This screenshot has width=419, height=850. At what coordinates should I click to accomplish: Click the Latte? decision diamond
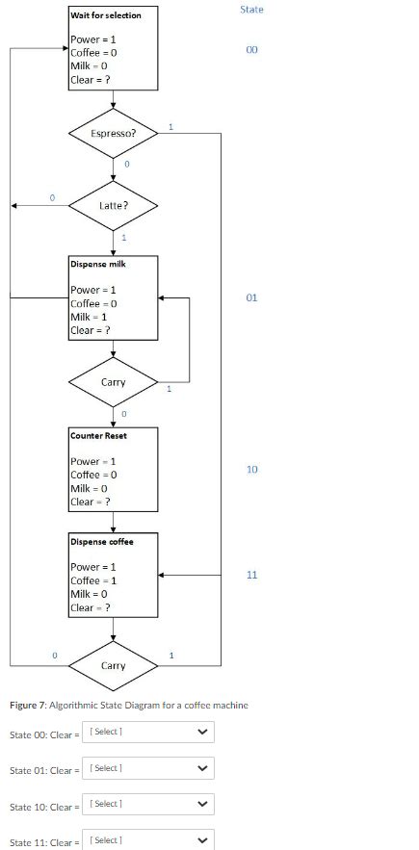coord(113,205)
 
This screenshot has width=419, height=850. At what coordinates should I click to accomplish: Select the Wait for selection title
coord(106,15)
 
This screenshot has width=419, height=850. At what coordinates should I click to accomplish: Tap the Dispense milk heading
coord(97,264)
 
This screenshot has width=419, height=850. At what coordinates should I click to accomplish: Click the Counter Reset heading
coord(98,435)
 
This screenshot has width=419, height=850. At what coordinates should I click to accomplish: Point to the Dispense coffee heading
coord(101,541)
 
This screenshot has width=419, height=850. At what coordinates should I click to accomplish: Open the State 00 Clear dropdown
coord(148,732)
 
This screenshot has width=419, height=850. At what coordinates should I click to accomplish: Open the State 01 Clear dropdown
coord(148,768)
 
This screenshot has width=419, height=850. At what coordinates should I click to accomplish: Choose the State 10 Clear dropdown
coord(148,804)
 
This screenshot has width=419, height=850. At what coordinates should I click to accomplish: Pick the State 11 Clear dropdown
coord(148,840)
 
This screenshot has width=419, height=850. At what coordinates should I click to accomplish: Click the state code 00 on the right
coord(251,49)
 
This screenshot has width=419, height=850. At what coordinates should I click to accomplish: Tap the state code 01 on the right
coord(251,297)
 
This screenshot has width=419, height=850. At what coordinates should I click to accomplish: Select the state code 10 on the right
coord(251,469)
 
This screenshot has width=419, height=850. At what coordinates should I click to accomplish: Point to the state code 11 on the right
coord(251,575)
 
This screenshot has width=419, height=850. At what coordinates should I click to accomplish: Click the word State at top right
coord(251,10)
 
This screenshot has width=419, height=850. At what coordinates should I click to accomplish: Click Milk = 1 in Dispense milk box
coord(89,317)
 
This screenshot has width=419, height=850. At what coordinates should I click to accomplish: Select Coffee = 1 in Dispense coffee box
coord(93,580)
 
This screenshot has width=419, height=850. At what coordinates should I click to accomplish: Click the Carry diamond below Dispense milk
coord(113,382)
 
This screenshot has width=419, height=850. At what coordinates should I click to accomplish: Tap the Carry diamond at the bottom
coord(113,666)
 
